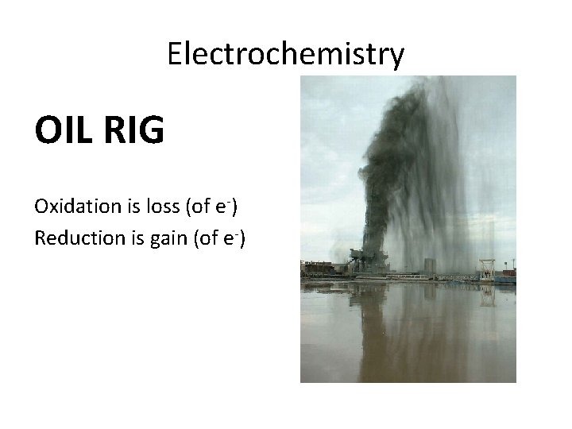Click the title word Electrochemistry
(286, 54)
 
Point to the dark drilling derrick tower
(373, 230)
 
